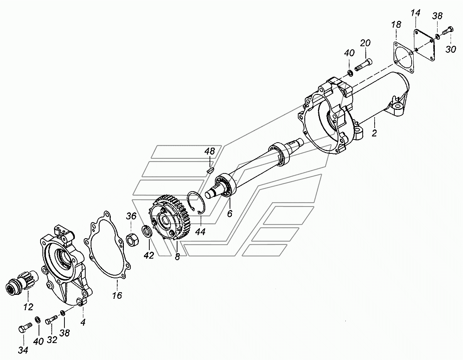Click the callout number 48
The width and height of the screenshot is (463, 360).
click(210, 151)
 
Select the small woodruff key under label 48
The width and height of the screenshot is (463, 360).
click(211, 170)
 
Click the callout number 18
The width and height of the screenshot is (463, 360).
click(396, 24)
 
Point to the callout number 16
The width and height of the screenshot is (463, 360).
click(117, 295)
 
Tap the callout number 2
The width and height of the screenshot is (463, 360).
click(374, 133)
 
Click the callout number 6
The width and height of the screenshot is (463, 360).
click(230, 214)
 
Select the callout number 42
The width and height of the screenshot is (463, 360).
click(149, 255)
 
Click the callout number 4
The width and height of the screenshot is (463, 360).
click(83, 322)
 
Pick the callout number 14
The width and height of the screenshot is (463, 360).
click(416, 13)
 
